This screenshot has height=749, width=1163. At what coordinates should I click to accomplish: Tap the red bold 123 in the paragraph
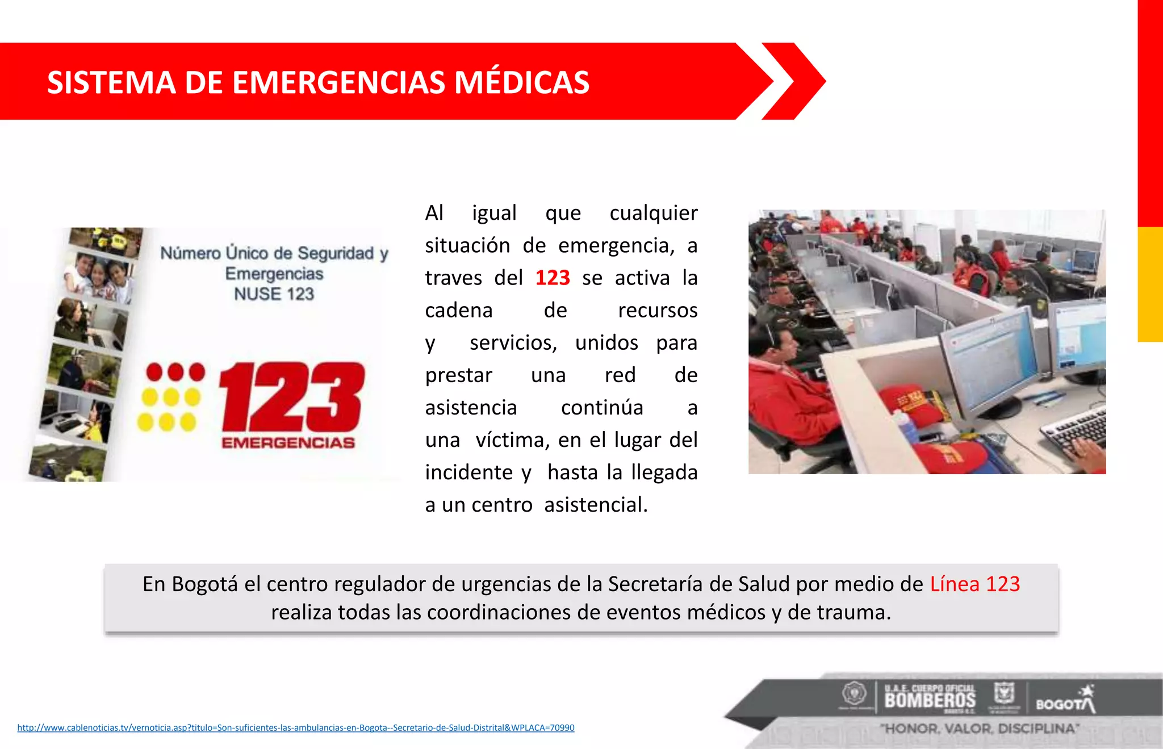point(552,278)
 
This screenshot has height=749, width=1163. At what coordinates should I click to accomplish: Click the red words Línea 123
point(974,584)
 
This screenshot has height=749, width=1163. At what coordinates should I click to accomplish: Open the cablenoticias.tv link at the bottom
point(295,727)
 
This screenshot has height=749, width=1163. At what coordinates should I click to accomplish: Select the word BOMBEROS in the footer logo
point(930,700)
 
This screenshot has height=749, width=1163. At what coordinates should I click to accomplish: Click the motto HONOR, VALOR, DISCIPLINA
point(980,729)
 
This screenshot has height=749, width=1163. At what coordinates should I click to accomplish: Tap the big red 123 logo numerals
point(292,397)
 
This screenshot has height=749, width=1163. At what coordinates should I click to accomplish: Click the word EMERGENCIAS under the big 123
point(288,443)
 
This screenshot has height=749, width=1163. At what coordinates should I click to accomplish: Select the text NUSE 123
point(274,294)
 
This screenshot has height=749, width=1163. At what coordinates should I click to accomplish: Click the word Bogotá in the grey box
point(204,584)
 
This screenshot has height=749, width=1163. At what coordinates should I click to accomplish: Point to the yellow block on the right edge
point(1150,284)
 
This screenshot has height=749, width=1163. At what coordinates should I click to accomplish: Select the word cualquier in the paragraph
point(653,213)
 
